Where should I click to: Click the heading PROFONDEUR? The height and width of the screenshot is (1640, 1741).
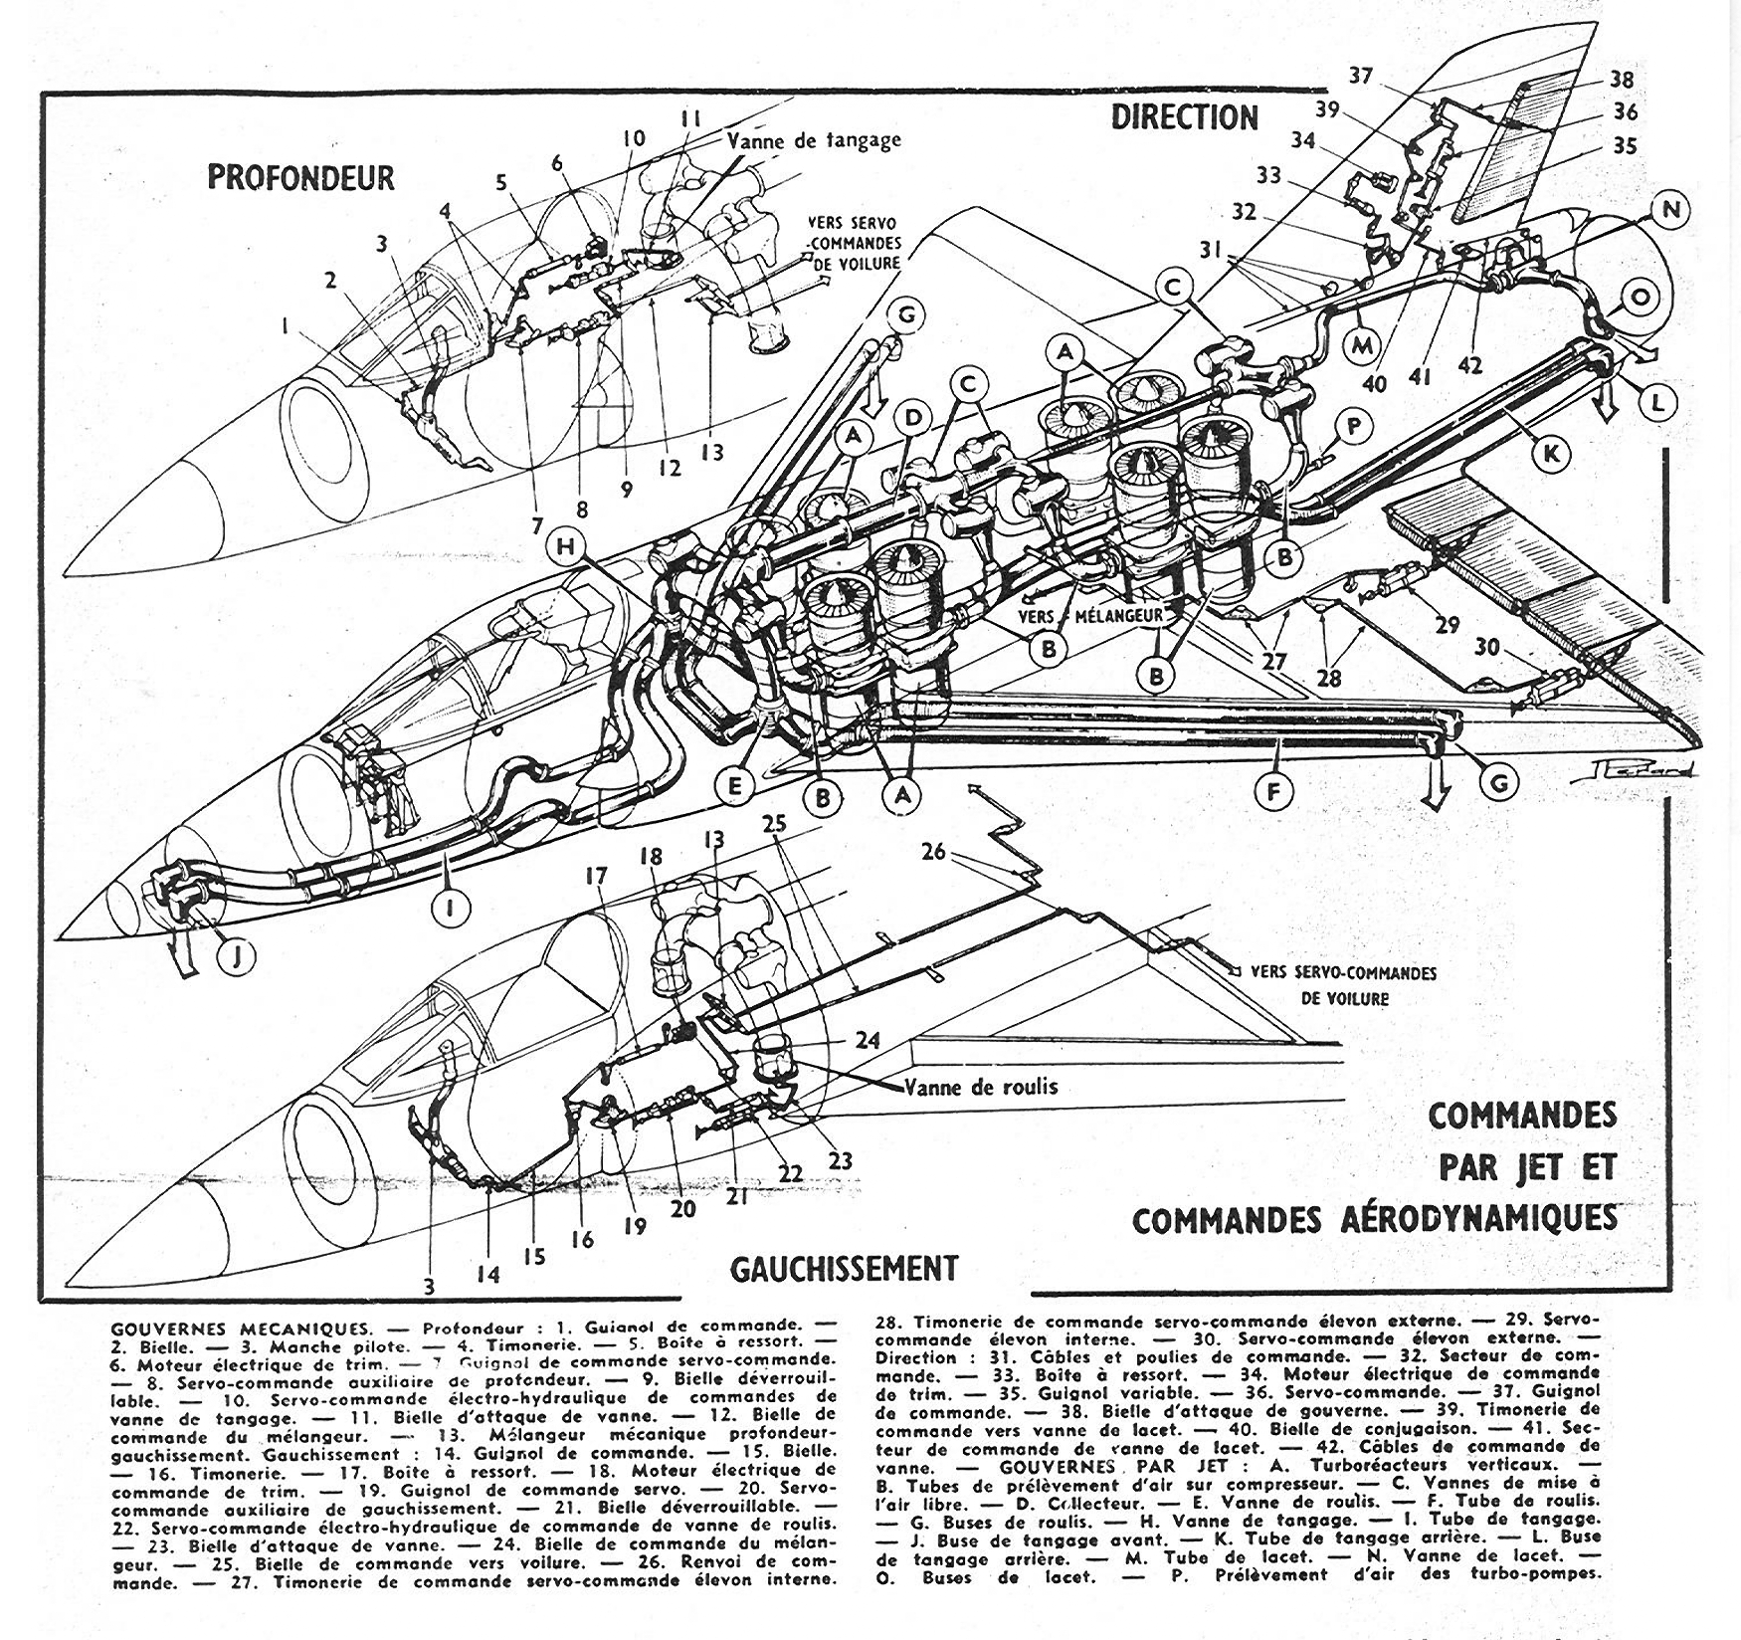300,177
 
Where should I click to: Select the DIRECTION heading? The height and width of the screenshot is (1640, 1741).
1184,117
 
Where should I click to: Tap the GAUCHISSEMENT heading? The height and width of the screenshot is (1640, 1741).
845,1269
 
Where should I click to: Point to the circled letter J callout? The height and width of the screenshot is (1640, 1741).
235,958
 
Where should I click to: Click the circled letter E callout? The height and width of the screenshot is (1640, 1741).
735,786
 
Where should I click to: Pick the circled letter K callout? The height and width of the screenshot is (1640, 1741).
1549,455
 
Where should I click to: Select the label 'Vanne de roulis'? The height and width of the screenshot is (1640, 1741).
981,1086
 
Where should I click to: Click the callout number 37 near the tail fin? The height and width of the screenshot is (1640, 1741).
1361,77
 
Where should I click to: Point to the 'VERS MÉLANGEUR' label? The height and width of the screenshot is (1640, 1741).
1091,615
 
